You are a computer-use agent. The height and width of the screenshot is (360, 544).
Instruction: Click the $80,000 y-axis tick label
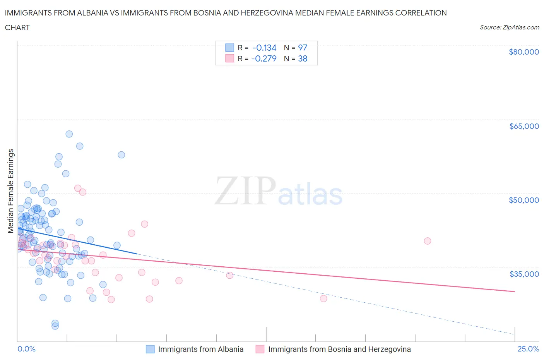(x=523, y=52)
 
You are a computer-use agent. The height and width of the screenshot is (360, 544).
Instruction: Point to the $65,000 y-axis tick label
(x=524, y=126)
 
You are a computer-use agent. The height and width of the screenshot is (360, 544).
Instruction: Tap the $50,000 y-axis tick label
(x=523, y=200)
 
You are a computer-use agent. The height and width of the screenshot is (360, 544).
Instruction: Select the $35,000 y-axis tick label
(x=524, y=274)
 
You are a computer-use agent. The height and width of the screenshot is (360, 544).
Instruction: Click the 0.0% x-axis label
(x=26, y=349)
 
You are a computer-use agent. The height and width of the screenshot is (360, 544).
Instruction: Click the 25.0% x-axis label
(x=528, y=349)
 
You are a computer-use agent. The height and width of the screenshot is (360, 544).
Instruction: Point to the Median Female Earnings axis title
(x=11, y=191)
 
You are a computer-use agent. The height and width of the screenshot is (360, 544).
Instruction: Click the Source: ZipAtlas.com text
(x=509, y=27)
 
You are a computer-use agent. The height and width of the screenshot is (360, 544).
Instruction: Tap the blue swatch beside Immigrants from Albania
(x=150, y=349)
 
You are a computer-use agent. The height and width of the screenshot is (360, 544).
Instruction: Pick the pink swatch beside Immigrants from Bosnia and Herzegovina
(x=260, y=349)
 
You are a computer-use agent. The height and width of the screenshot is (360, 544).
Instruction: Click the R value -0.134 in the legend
(x=264, y=48)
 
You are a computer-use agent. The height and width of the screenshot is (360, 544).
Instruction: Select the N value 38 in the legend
(x=303, y=58)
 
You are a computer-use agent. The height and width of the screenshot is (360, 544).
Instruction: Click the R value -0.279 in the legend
(x=264, y=58)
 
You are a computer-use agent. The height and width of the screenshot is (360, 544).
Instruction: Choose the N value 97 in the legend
(x=303, y=48)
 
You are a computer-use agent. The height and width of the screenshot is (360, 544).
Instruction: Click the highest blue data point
(x=69, y=134)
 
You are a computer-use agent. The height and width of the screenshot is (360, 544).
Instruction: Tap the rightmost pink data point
(x=427, y=241)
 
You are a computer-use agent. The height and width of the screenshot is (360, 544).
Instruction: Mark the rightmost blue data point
(x=121, y=155)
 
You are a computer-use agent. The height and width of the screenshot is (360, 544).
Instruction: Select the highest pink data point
(x=78, y=188)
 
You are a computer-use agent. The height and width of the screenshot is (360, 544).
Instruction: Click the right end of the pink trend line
(x=515, y=291)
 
